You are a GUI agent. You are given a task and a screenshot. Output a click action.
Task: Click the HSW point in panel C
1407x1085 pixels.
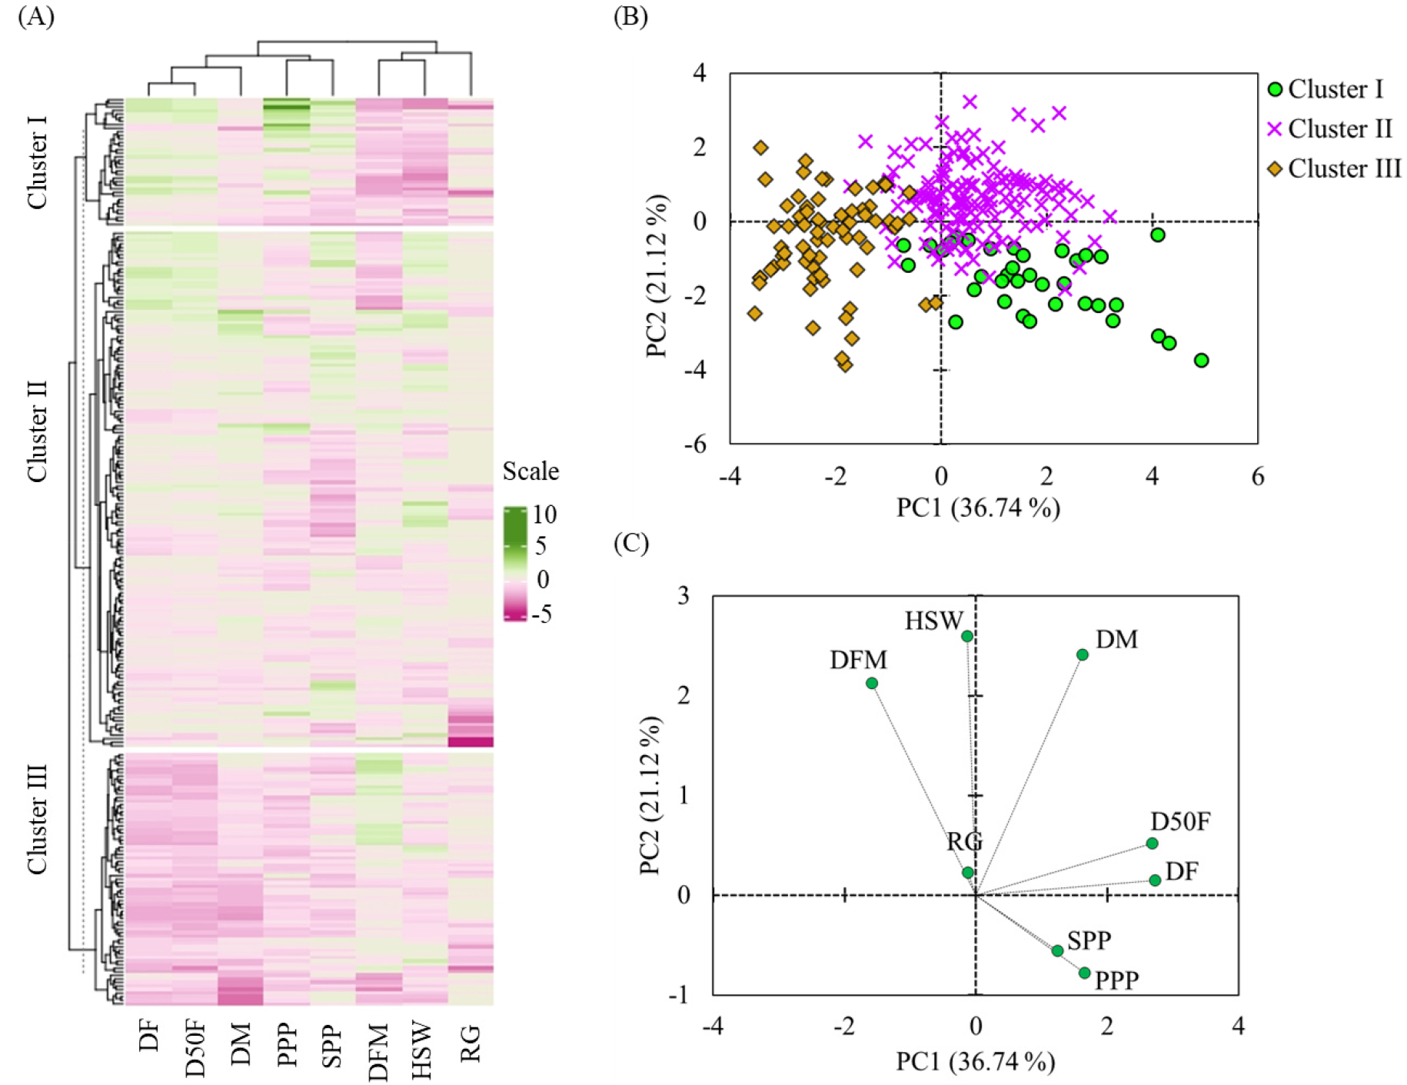(x=967, y=636)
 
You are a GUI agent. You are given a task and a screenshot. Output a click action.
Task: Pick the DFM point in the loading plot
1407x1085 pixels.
(x=872, y=683)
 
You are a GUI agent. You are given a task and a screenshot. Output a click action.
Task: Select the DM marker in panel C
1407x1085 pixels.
(x=1083, y=655)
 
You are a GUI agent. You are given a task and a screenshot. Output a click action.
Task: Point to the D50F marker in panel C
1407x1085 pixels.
(x=1152, y=844)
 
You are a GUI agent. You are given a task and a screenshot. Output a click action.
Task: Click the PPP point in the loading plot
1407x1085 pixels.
(x=1085, y=973)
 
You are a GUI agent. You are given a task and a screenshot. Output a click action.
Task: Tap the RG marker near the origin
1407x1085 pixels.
(x=968, y=873)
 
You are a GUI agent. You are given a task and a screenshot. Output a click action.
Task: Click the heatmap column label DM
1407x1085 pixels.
(x=241, y=1043)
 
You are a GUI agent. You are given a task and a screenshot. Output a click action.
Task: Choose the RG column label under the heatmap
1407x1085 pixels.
(x=470, y=1043)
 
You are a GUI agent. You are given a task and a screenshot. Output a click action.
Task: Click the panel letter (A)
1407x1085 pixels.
(x=36, y=16)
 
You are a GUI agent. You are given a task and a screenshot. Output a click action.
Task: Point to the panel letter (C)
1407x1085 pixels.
(x=631, y=543)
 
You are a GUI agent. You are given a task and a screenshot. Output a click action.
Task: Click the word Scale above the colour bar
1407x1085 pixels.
(x=531, y=471)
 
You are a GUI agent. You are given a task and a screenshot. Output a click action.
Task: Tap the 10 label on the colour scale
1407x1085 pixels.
(x=544, y=514)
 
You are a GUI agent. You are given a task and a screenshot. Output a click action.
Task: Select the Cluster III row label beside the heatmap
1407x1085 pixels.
(x=37, y=819)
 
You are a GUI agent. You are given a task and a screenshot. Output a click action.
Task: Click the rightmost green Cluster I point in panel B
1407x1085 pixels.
(x=1201, y=360)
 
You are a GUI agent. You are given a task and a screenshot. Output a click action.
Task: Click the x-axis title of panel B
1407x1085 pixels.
(x=978, y=508)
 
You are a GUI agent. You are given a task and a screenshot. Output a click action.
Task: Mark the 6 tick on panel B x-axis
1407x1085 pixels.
(x=1258, y=477)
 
